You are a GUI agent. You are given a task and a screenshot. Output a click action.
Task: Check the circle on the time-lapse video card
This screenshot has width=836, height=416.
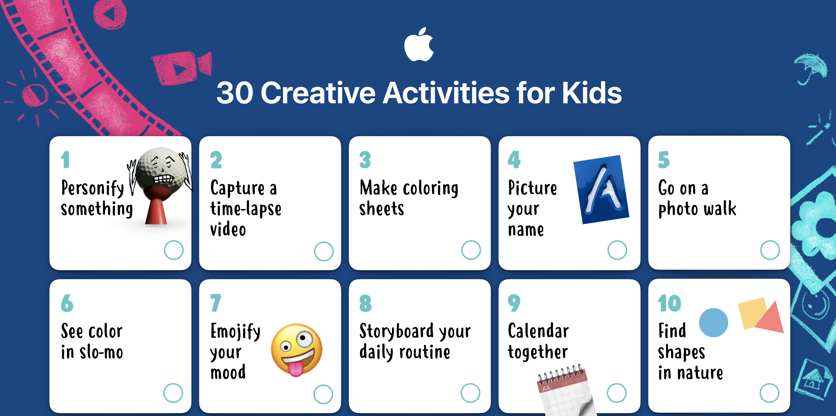click(324, 251)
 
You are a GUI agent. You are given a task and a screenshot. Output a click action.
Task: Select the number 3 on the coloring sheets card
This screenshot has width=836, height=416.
click(365, 160)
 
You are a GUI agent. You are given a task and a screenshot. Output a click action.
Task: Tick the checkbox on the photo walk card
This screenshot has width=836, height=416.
click(770, 250)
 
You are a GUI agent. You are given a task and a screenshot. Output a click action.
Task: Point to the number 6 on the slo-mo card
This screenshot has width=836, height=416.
click(67, 303)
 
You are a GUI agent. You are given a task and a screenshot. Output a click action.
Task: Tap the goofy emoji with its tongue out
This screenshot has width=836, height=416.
click(296, 350)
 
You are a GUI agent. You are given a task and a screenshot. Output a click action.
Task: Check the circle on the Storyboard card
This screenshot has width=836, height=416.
click(470, 393)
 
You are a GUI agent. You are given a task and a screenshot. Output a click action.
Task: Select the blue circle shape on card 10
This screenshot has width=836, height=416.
click(713, 322)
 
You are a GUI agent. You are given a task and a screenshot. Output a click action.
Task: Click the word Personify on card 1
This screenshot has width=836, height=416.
click(93, 188)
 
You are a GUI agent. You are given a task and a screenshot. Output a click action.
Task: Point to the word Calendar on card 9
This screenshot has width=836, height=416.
click(538, 331)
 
